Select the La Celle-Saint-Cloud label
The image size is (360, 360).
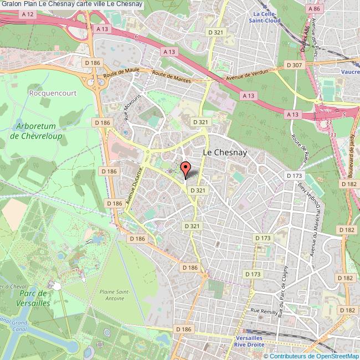coord(266,17)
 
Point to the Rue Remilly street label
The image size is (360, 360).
coord(264,311)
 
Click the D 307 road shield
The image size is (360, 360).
coord(295,65)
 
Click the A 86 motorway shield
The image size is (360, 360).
coord(313,9)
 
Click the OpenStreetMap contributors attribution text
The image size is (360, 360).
coord(318,356)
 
